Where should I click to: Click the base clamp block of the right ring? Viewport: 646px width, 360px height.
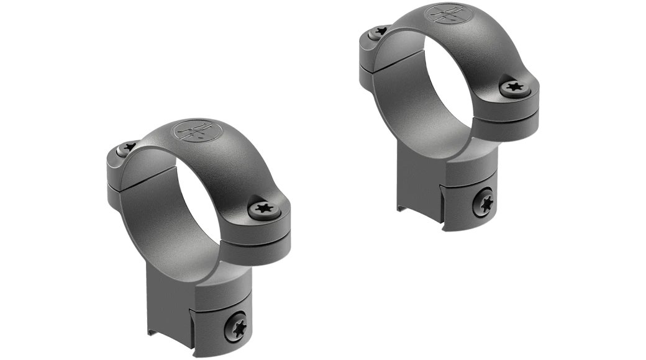coord(463,186)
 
